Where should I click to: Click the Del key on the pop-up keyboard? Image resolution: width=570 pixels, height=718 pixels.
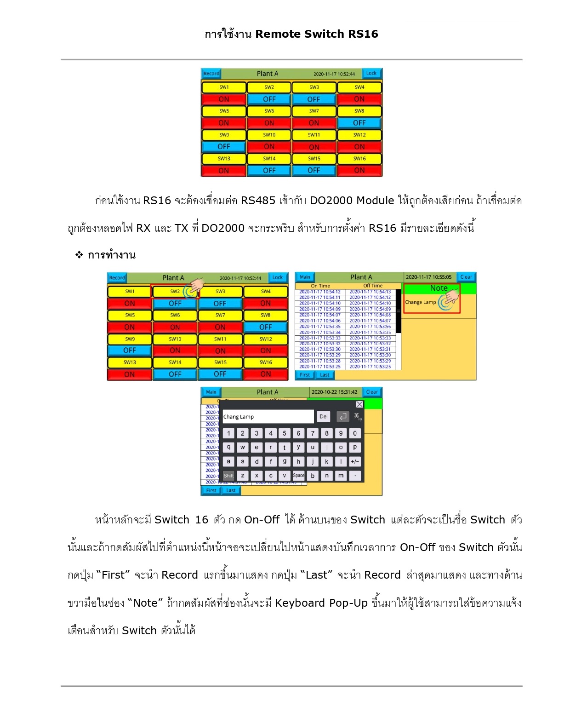pos(324,417)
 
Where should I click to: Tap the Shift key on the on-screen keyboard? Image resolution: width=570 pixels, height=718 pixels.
pos(228,476)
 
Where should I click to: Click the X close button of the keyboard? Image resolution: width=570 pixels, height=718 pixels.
pos(359,404)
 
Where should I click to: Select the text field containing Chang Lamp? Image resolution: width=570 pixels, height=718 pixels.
pos(268,417)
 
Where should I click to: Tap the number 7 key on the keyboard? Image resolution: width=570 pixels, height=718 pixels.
pos(313,433)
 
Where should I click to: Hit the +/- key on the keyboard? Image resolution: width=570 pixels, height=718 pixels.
pos(355,461)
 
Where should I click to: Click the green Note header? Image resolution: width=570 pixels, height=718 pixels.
pos(439,288)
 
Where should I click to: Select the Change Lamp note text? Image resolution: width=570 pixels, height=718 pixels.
pos(420,302)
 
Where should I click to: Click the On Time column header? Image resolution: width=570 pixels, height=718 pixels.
pos(320,286)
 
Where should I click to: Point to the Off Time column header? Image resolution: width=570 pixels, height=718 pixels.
pos(373,286)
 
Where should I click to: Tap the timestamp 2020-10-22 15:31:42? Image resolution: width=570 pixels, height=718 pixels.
pos(334,392)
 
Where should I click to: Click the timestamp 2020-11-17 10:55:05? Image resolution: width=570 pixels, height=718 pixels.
pos(428,277)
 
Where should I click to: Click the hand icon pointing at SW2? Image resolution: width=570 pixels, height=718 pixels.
pos(197,286)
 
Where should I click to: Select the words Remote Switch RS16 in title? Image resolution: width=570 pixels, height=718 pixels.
pos(317,34)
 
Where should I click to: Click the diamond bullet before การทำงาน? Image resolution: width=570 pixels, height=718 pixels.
pos(79,255)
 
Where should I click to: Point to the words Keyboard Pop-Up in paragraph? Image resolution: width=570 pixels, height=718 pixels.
pos(321,603)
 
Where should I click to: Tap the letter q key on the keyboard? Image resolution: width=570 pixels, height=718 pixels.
pos(228,447)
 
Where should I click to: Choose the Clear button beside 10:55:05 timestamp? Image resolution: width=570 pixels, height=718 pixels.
pos(466,277)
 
